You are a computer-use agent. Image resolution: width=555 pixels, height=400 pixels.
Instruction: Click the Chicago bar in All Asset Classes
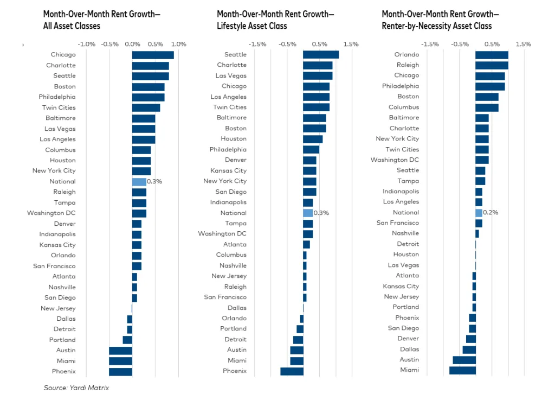point(153,55)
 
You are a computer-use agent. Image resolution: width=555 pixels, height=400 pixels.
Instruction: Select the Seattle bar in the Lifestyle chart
point(321,54)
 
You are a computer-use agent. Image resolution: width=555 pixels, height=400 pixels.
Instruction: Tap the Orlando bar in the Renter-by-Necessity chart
point(492,54)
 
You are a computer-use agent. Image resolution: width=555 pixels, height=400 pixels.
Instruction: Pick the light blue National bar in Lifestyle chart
point(308,213)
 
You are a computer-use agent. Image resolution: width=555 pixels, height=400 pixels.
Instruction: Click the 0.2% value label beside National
point(491,213)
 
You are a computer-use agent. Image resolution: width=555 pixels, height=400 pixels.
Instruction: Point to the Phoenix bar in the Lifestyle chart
point(292,371)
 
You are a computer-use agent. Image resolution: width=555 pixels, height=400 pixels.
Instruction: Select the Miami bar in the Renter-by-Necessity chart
point(462,370)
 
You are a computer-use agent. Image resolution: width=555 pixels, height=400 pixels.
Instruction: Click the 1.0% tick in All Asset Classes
point(178,44)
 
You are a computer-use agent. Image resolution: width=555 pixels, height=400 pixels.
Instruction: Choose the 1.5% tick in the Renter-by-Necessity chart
point(524,44)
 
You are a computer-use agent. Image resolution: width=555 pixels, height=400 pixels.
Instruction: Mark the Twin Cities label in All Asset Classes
point(59,107)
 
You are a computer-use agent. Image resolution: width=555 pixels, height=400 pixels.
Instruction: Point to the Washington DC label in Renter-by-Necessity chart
point(395,160)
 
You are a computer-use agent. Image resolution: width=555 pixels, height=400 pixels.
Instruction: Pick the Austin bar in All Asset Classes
point(120,351)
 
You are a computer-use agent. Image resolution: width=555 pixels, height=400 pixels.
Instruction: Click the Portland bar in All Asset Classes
point(127,340)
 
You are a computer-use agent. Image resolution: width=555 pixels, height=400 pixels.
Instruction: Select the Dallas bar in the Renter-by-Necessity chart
point(469,350)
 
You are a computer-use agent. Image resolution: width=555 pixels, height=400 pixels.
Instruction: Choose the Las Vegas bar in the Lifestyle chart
point(318,75)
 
